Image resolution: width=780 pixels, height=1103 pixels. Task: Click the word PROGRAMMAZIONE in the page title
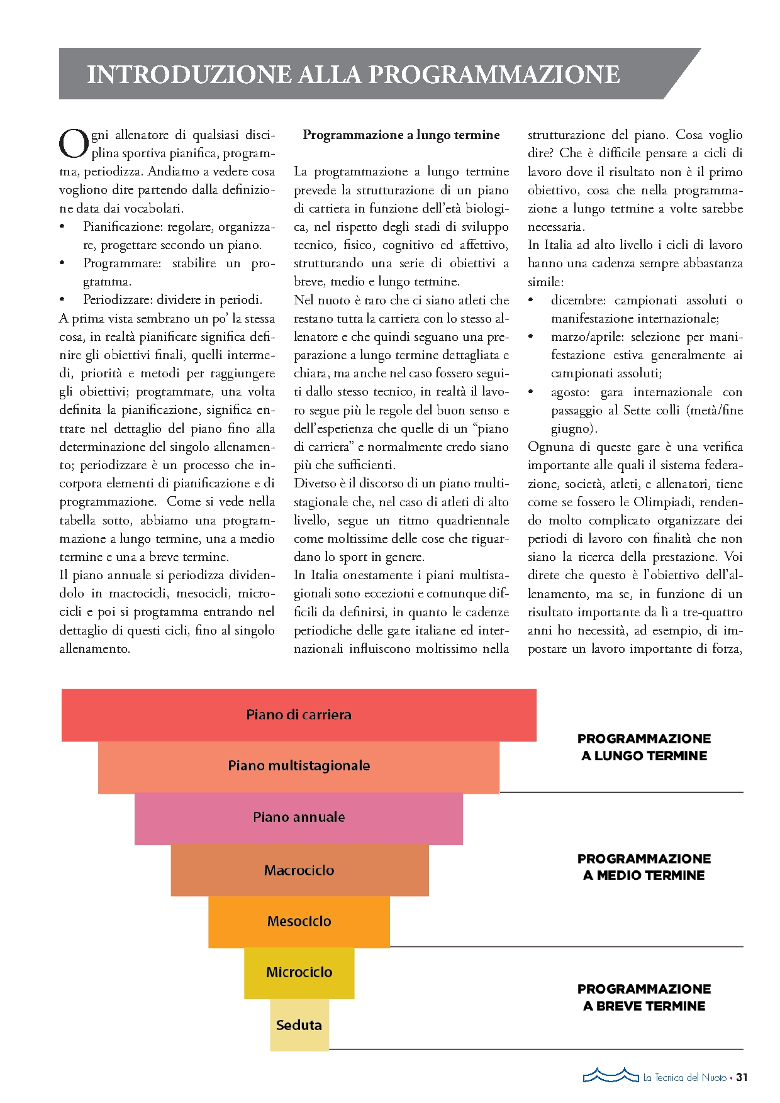(x=494, y=74)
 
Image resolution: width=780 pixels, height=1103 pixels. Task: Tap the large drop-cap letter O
(x=74, y=144)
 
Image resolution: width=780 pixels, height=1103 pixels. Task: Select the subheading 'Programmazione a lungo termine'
(x=401, y=135)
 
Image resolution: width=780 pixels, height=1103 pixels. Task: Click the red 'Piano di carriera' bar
(x=299, y=715)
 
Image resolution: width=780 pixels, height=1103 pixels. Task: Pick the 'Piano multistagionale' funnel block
(x=299, y=766)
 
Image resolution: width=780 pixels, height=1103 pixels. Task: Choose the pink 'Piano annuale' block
(x=299, y=818)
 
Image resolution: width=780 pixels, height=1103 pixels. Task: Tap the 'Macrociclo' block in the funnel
(x=299, y=870)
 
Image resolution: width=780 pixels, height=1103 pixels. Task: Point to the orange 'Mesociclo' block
(x=299, y=921)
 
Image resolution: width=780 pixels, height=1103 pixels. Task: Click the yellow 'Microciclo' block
(x=299, y=972)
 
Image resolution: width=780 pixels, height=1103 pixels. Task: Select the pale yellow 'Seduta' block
(x=299, y=1025)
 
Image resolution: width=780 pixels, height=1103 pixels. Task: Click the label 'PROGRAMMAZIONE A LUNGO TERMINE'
(x=644, y=747)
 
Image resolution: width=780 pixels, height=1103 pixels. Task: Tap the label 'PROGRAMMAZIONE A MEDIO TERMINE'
(x=644, y=867)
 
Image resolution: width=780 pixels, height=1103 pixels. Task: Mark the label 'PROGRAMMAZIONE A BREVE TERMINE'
(x=644, y=997)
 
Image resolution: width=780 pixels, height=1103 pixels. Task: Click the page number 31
(x=742, y=1077)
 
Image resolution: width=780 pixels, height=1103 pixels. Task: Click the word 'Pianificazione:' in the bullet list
(x=123, y=226)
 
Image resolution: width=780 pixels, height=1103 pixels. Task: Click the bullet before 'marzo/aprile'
(x=532, y=337)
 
